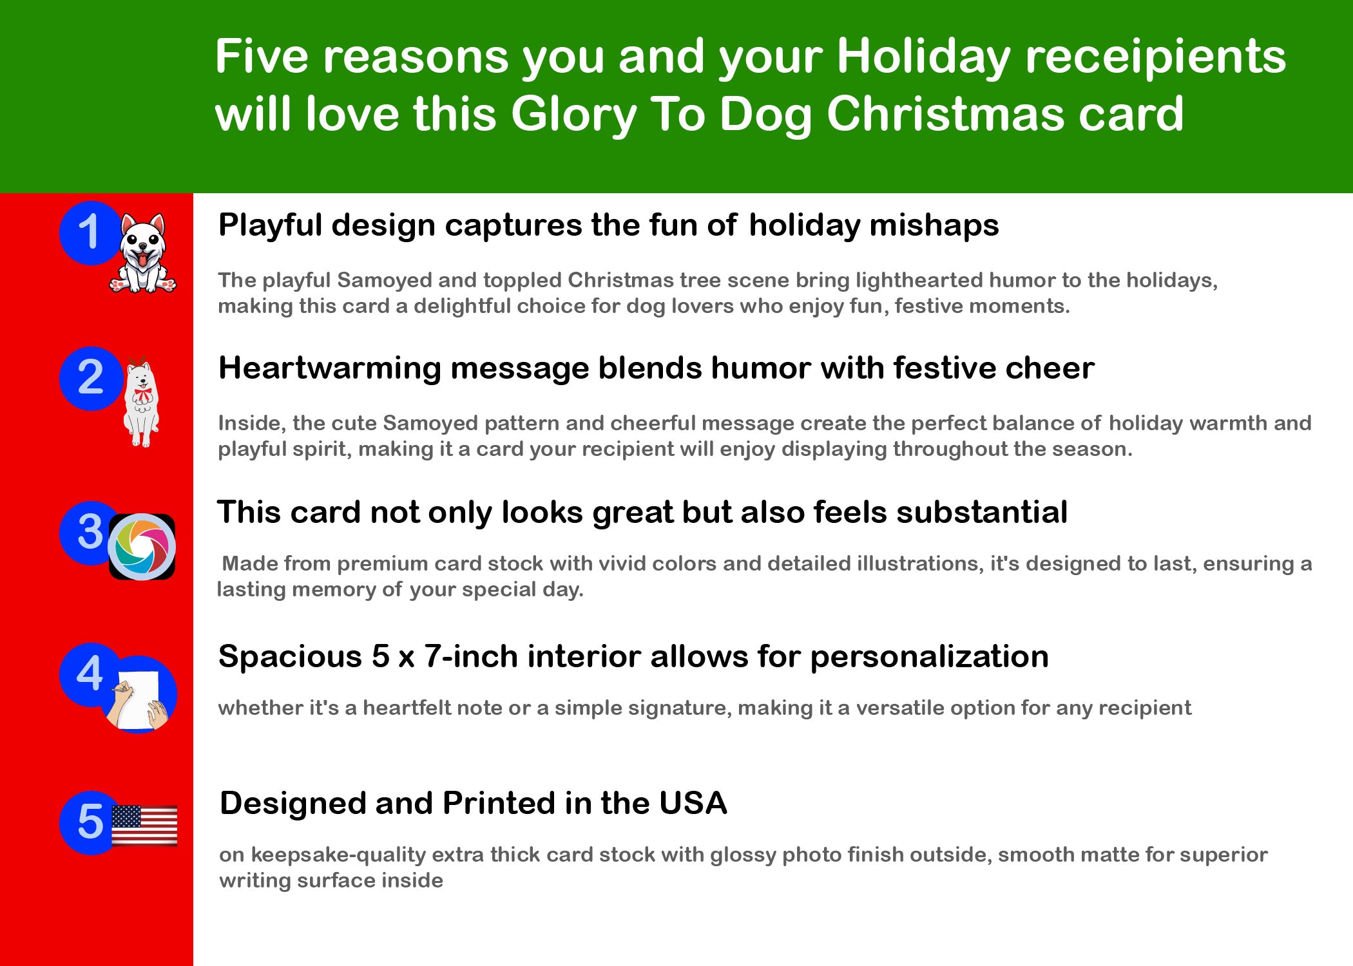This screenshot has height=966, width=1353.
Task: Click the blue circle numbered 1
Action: pos(91,232)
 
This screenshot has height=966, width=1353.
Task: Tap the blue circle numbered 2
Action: pos(91,378)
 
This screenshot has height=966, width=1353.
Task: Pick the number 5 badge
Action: pos(91,822)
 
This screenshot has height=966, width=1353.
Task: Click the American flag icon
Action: pos(144,825)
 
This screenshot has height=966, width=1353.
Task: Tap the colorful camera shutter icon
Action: pos(142,547)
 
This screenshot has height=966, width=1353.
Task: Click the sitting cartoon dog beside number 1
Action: pos(143,253)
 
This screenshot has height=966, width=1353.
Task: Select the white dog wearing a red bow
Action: pos(141,402)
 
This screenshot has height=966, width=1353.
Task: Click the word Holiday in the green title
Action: pos(924,58)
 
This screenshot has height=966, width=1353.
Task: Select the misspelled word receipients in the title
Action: pos(1155,58)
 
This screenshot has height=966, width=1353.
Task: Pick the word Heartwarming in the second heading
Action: pos(329,368)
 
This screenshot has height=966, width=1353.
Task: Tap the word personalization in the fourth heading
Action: pos(929,658)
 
